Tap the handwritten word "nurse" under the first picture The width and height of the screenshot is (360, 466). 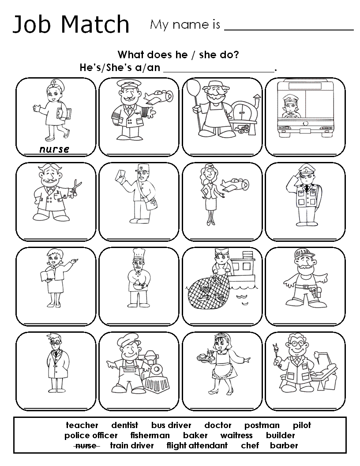[54, 149]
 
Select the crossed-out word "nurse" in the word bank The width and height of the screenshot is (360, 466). [86, 446]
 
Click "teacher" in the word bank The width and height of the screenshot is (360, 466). [82, 425]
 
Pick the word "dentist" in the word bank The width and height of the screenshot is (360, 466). [124, 425]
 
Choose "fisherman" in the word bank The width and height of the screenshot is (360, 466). [150, 436]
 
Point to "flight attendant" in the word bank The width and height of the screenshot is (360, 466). [197, 446]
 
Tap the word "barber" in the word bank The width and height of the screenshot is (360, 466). [284, 446]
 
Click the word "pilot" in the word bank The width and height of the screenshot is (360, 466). [302, 425]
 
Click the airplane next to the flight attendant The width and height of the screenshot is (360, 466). [234, 184]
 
